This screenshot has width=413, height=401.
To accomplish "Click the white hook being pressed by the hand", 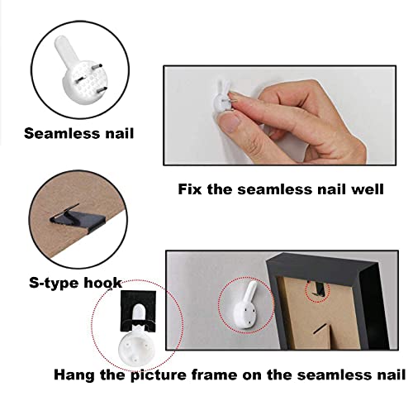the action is coord(223,96).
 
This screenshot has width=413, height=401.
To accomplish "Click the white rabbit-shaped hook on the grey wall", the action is coord(245,304).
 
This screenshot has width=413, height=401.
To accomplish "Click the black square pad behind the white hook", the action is coord(139,311).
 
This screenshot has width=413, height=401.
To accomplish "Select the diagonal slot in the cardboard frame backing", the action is coord(321,328).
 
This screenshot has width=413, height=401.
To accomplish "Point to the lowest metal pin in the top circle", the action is coord(102,89).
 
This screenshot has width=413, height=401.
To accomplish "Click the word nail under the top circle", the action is coord(119,133).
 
